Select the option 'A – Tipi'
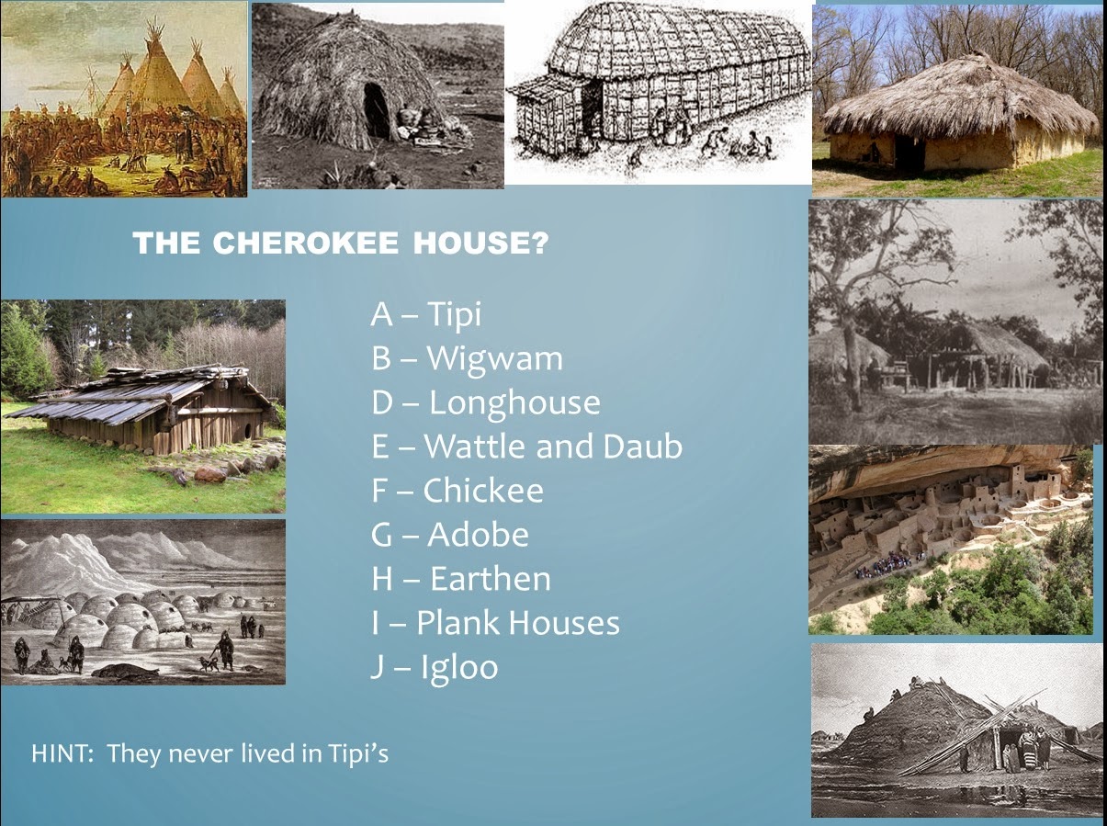coord(425,314)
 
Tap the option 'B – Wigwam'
coord(467,358)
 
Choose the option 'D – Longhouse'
coord(485,402)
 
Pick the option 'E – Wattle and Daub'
coord(526,447)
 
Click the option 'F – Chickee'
coord(457,491)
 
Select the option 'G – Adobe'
coord(449,535)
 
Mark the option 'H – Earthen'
coord(460,579)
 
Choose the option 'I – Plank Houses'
coord(495,623)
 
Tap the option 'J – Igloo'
coord(434,667)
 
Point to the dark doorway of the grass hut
coord(377,110)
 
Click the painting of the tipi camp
coord(124,99)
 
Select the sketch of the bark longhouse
coord(658,92)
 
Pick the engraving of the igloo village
coord(142,602)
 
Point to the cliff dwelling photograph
coord(951,539)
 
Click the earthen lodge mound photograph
coord(956,730)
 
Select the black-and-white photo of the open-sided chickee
coord(955,322)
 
